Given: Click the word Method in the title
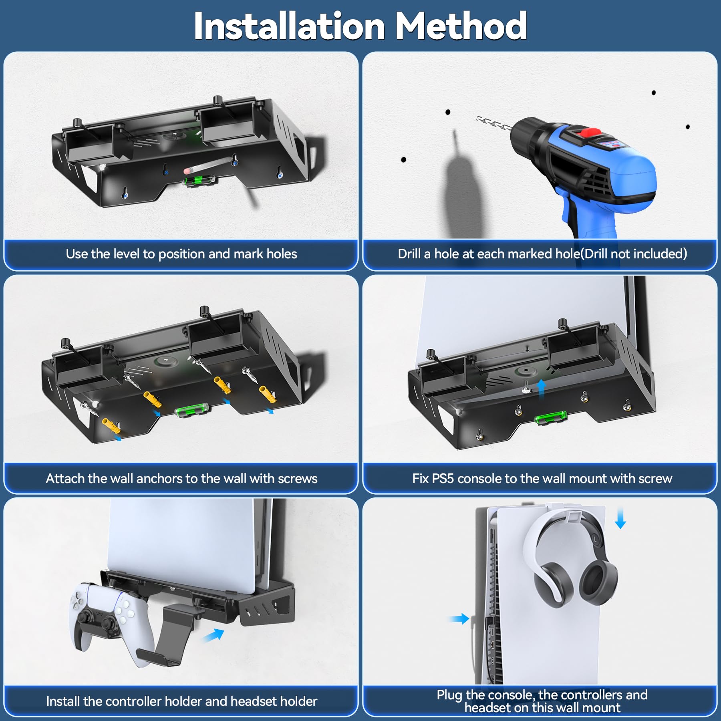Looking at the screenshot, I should tap(461, 26).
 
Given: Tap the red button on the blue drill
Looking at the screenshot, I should tap(590, 132).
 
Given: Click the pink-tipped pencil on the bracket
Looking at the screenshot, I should tap(208, 165).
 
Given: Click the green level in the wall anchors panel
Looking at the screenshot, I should tap(192, 411).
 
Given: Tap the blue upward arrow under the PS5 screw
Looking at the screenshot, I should tap(541, 389).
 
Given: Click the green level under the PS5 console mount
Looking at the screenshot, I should tap(551, 418).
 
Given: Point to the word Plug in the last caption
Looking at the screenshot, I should tap(449, 695).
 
